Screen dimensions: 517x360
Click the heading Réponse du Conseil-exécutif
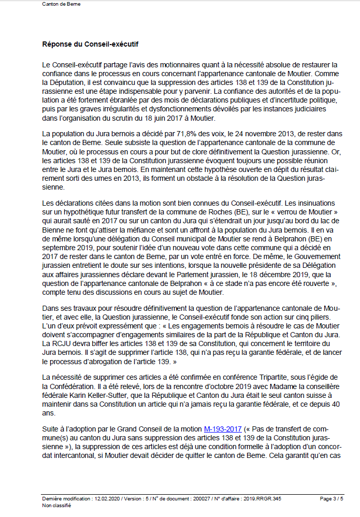pos(90,45)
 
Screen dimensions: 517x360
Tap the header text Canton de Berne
pos(61,4)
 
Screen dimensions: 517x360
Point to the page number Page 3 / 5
pos(331,499)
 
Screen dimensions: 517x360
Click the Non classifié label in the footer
pos(56,506)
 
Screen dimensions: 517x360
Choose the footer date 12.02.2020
pos(108,499)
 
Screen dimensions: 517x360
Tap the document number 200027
pos(205,499)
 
